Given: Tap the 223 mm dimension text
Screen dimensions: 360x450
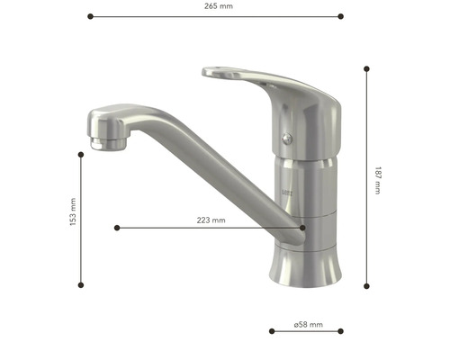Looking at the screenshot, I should click(211, 220).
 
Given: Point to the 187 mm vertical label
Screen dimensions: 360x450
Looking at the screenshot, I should click(377, 178).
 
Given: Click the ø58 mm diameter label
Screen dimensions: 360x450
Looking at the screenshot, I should click(307, 324).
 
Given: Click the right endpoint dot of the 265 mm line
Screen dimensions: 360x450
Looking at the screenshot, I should click(341, 15).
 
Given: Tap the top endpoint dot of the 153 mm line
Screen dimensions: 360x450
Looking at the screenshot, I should click(81, 155).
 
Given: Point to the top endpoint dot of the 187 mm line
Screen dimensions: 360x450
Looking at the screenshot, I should click(366, 67).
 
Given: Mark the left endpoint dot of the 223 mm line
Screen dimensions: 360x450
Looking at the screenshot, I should click(116, 228).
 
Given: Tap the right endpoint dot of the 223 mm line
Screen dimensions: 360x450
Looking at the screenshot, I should click(302, 228).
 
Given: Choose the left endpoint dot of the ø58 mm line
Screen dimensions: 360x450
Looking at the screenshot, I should click(271, 331).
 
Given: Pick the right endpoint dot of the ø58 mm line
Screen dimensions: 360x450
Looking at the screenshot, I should click(341, 331).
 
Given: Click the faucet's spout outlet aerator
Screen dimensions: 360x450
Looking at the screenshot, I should click(107, 142).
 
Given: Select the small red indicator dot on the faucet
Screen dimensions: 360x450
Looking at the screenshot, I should click(287, 138).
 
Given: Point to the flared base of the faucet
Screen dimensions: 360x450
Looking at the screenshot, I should click(307, 265).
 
